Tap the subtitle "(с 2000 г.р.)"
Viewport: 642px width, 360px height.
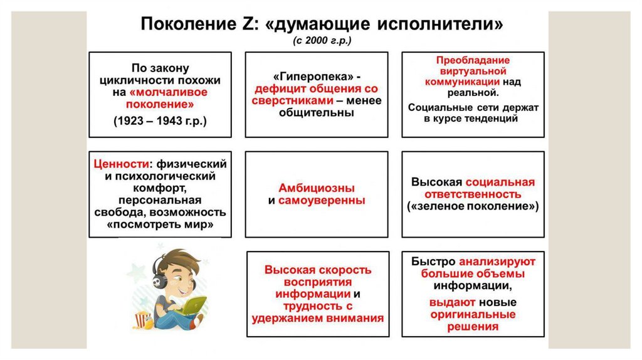click(x=322, y=42)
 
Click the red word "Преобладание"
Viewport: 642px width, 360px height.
click(x=473, y=60)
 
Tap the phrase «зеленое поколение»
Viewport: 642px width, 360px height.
click(x=473, y=206)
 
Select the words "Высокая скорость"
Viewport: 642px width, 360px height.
click(x=318, y=270)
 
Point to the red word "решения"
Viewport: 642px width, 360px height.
click(x=473, y=326)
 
